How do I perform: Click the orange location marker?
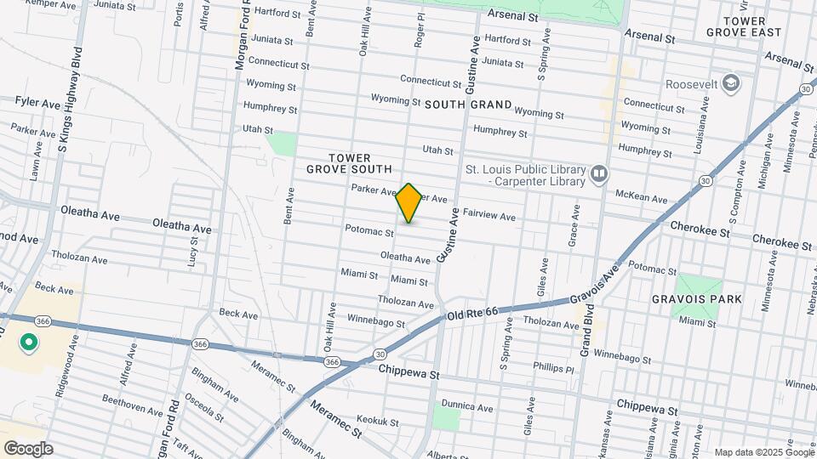pos(409,203)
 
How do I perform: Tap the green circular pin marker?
pos(28,343)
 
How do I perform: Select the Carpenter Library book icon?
pos(599,175)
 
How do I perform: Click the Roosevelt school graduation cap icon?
pos(730,83)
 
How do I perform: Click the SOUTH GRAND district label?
pos(468,105)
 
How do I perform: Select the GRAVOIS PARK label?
pos(709,299)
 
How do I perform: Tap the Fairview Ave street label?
pos(489,217)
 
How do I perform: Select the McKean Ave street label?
pos(641,197)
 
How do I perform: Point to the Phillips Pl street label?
pos(554,368)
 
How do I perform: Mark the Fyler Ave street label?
pos(37,101)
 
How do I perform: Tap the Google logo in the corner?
pos(28,449)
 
